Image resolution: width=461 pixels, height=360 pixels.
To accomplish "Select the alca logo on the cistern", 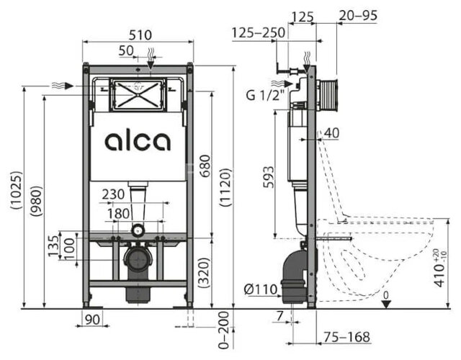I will [x=138, y=140].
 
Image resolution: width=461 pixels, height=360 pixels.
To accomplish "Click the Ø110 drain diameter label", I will [x=259, y=289].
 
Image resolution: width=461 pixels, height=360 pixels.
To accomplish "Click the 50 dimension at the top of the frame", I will [x=127, y=50].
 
